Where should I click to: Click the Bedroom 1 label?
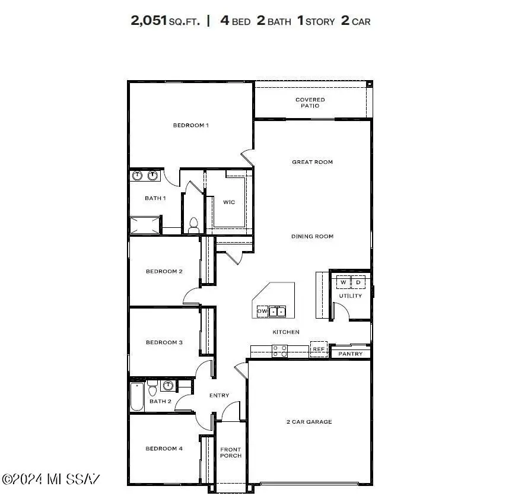coord(190,125)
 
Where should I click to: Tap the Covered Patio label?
coord(310,103)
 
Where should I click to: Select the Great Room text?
coord(312,162)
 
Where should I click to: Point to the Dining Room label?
coord(312,236)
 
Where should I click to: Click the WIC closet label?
coord(229,202)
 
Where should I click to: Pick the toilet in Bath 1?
coord(193,225)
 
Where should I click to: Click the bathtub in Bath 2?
coord(137,397)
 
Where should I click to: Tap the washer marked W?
coord(343,282)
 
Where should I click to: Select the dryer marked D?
coord(358,282)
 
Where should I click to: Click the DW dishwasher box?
coord(262,311)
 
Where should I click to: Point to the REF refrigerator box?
coord(318,350)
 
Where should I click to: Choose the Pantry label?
coord(350,354)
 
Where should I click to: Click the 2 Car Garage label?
coord(309,422)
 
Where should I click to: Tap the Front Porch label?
coord(230,453)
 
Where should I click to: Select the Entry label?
coord(219,396)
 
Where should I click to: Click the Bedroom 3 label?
coord(164,342)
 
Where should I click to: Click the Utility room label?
coord(350,296)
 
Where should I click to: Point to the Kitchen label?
coord(286,332)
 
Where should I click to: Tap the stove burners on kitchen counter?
coord(279,351)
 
